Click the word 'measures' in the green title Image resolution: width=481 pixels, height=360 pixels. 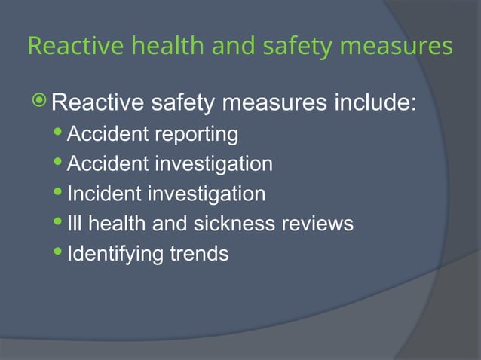point(398,47)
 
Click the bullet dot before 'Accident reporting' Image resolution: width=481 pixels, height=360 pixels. point(60,135)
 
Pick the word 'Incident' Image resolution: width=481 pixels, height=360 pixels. point(103,194)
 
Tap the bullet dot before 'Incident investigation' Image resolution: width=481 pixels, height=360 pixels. point(60,194)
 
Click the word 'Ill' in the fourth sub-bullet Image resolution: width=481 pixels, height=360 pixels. point(74,224)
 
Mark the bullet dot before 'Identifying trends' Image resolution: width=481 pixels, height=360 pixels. point(60,253)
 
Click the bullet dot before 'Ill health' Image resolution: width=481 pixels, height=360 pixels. point(60,224)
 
